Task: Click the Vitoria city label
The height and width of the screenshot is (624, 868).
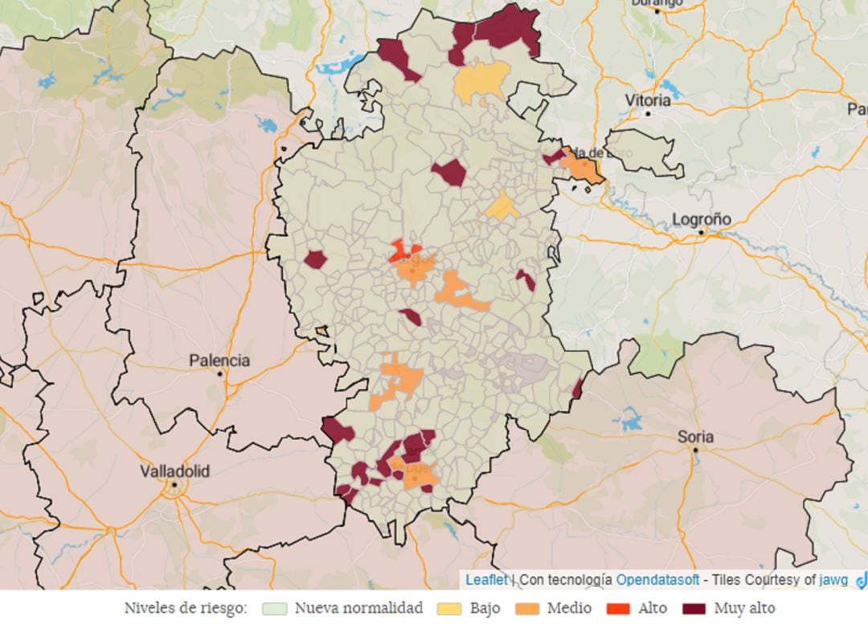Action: (648, 100)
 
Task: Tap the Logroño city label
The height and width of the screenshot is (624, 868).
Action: (701, 218)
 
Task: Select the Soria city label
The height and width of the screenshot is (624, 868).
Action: (695, 437)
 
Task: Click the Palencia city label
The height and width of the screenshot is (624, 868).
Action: (219, 361)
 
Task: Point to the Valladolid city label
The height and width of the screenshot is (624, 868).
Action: (174, 471)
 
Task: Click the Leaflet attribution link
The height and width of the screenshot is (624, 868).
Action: (486, 579)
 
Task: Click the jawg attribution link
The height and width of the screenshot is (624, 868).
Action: (833, 579)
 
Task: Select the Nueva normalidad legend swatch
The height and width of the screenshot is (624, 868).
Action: (275, 608)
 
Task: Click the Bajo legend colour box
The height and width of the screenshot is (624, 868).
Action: (450, 608)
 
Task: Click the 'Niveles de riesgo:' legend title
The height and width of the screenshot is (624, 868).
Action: (186, 608)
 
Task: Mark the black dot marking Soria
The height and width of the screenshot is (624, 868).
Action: (695, 450)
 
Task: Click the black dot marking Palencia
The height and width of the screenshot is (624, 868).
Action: (219, 373)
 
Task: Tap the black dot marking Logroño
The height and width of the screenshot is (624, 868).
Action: (701, 232)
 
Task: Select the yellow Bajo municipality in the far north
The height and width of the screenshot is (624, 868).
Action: (481, 80)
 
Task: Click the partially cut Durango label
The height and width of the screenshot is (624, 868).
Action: (657, 3)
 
